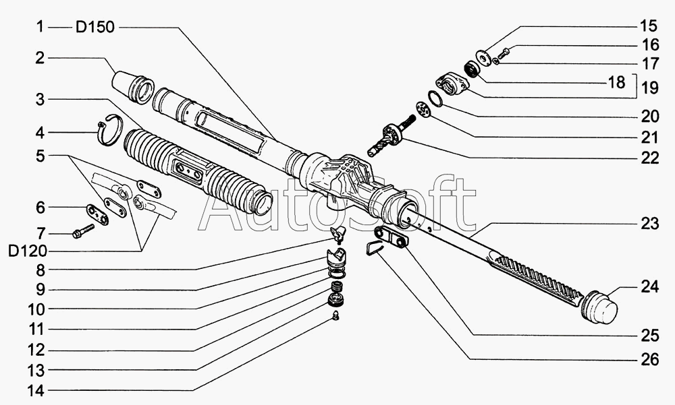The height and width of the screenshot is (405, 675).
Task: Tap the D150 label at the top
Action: pyautogui.click(x=96, y=27)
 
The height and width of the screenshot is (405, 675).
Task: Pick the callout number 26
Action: pyautogui.click(x=649, y=360)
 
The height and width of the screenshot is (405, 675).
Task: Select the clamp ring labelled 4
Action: pyautogui.click(x=109, y=130)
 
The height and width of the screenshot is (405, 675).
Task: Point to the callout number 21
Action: pyautogui.click(x=649, y=137)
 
